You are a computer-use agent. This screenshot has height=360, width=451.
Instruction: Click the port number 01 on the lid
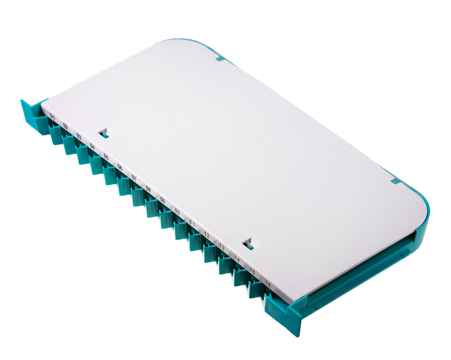point(52,117)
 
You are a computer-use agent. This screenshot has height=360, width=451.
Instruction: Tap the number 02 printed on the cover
point(65,127)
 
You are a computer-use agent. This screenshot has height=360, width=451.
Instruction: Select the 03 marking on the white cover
point(79,136)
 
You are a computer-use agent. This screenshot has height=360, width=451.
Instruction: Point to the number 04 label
point(93,146)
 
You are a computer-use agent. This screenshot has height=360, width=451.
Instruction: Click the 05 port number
point(106,157)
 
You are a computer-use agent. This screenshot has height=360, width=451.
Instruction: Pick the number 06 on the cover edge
point(120,167)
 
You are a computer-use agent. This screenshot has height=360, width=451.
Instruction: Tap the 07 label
point(134,177)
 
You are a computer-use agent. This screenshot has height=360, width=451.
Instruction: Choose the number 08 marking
point(148,189)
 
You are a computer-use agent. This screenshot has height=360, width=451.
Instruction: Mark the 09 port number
point(162,200)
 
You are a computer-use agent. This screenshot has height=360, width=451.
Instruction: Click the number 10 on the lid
point(177,212)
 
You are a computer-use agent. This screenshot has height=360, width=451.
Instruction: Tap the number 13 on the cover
point(221,247)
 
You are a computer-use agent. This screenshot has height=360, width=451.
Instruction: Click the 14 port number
point(236,259)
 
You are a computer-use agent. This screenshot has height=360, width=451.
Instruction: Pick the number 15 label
point(252,272)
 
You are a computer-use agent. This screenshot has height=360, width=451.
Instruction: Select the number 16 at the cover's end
point(268,284)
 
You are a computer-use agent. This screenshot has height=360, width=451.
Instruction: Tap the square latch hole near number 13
point(249,244)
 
